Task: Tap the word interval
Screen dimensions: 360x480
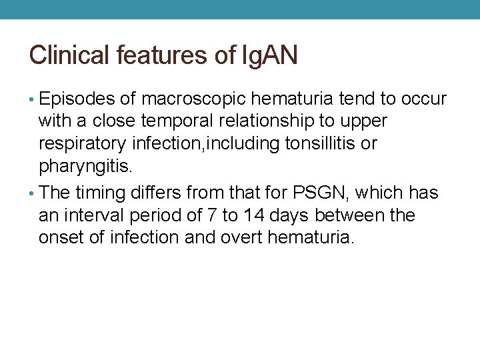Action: pyautogui.click(x=89, y=216)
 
